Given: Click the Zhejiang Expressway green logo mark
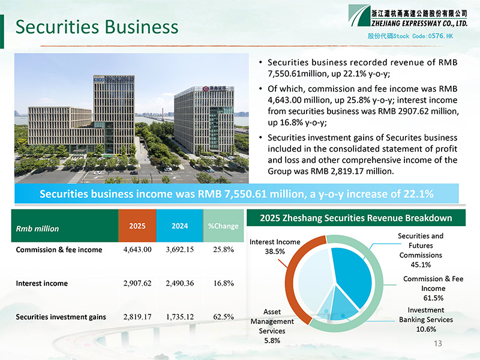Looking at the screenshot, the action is click(x=359, y=16).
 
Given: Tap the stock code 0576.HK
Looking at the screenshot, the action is click(x=440, y=36).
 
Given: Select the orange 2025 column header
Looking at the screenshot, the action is click(x=137, y=226).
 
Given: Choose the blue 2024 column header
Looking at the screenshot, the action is click(x=179, y=226).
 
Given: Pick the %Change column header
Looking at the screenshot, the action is click(x=223, y=226).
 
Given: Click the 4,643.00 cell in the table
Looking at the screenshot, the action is click(x=137, y=250).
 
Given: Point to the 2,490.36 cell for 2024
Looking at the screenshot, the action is click(x=179, y=283).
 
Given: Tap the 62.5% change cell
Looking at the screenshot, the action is click(x=223, y=317).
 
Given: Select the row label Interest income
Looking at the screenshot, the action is click(x=41, y=283).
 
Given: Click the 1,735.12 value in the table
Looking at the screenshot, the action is click(x=179, y=317).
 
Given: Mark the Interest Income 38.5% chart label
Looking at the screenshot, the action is click(x=275, y=247).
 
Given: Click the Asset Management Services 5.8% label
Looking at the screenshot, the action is click(x=272, y=326).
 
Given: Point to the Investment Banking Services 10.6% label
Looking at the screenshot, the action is click(x=426, y=320).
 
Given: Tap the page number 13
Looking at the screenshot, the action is click(x=438, y=343).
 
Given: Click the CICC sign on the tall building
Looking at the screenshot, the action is click(x=98, y=80).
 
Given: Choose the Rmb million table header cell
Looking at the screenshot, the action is click(x=65, y=226).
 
